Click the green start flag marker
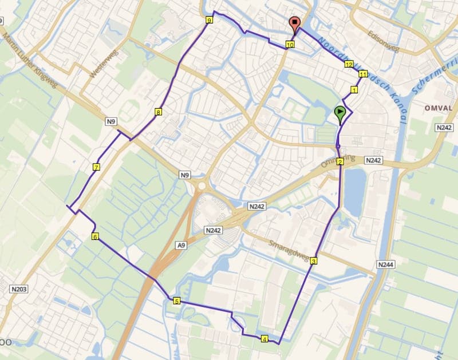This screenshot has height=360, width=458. (341, 113)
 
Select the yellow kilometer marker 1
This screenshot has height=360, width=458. (354, 90)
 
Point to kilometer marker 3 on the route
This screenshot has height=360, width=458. (314, 262)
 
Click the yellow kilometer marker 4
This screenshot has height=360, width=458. (264, 339)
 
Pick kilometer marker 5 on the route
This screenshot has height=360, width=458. (176, 301)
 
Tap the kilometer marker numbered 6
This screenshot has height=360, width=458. (94, 236)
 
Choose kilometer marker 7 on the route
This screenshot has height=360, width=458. (96, 167)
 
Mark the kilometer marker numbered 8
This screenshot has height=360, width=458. (158, 113)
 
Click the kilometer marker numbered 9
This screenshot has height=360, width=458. (209, 21)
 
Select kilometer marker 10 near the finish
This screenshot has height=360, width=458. (290, 44)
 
